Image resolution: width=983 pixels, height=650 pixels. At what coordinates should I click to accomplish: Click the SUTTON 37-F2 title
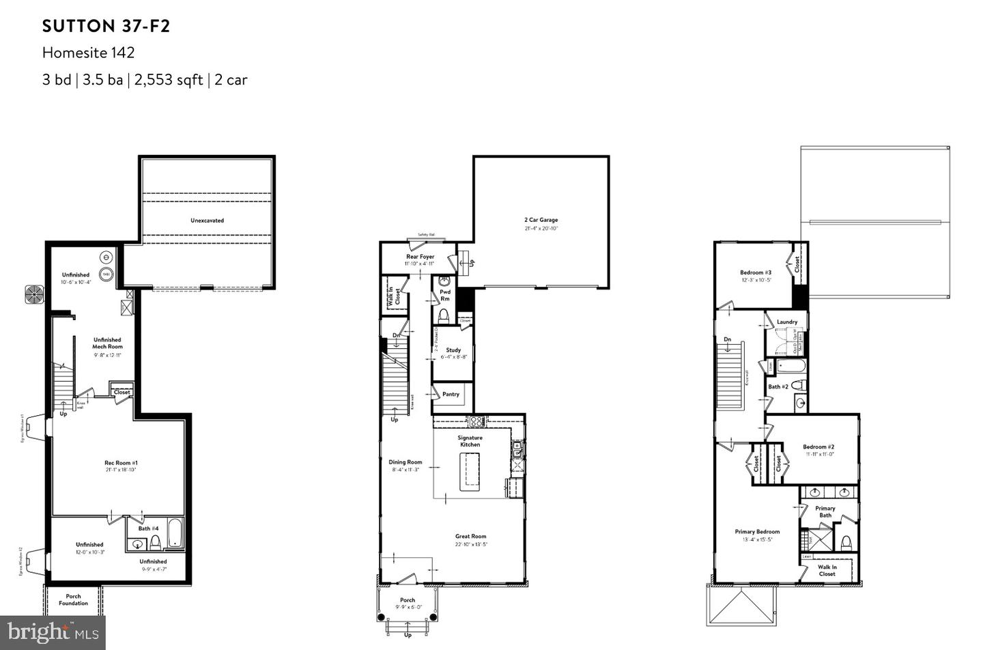[106, 26]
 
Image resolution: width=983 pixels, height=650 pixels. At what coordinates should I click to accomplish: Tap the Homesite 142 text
[88, 53]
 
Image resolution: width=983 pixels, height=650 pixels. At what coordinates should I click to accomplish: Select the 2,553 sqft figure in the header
[168, 80]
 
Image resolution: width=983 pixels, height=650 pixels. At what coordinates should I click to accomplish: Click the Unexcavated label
[207, 221]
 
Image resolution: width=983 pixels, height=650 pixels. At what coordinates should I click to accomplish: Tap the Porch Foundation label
[73, 600]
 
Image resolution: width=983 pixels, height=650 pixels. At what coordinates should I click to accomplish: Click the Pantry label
[451, 394]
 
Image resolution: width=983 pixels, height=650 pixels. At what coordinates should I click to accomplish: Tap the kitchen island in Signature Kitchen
[470, 471]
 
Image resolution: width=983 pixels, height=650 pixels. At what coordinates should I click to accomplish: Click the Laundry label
[787, 322]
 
